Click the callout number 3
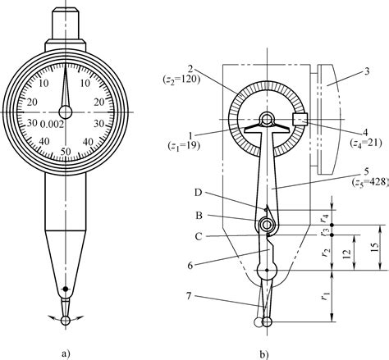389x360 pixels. click(x=359, y=72)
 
